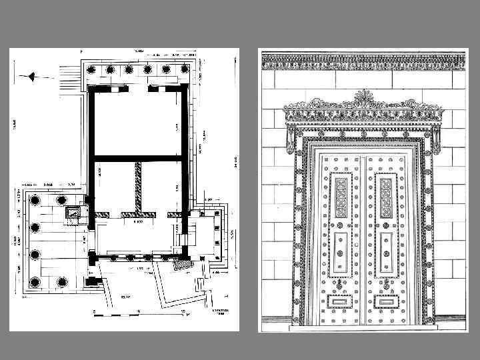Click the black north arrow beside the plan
(x=30, y=76)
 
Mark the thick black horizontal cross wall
(x=138, y=157)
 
